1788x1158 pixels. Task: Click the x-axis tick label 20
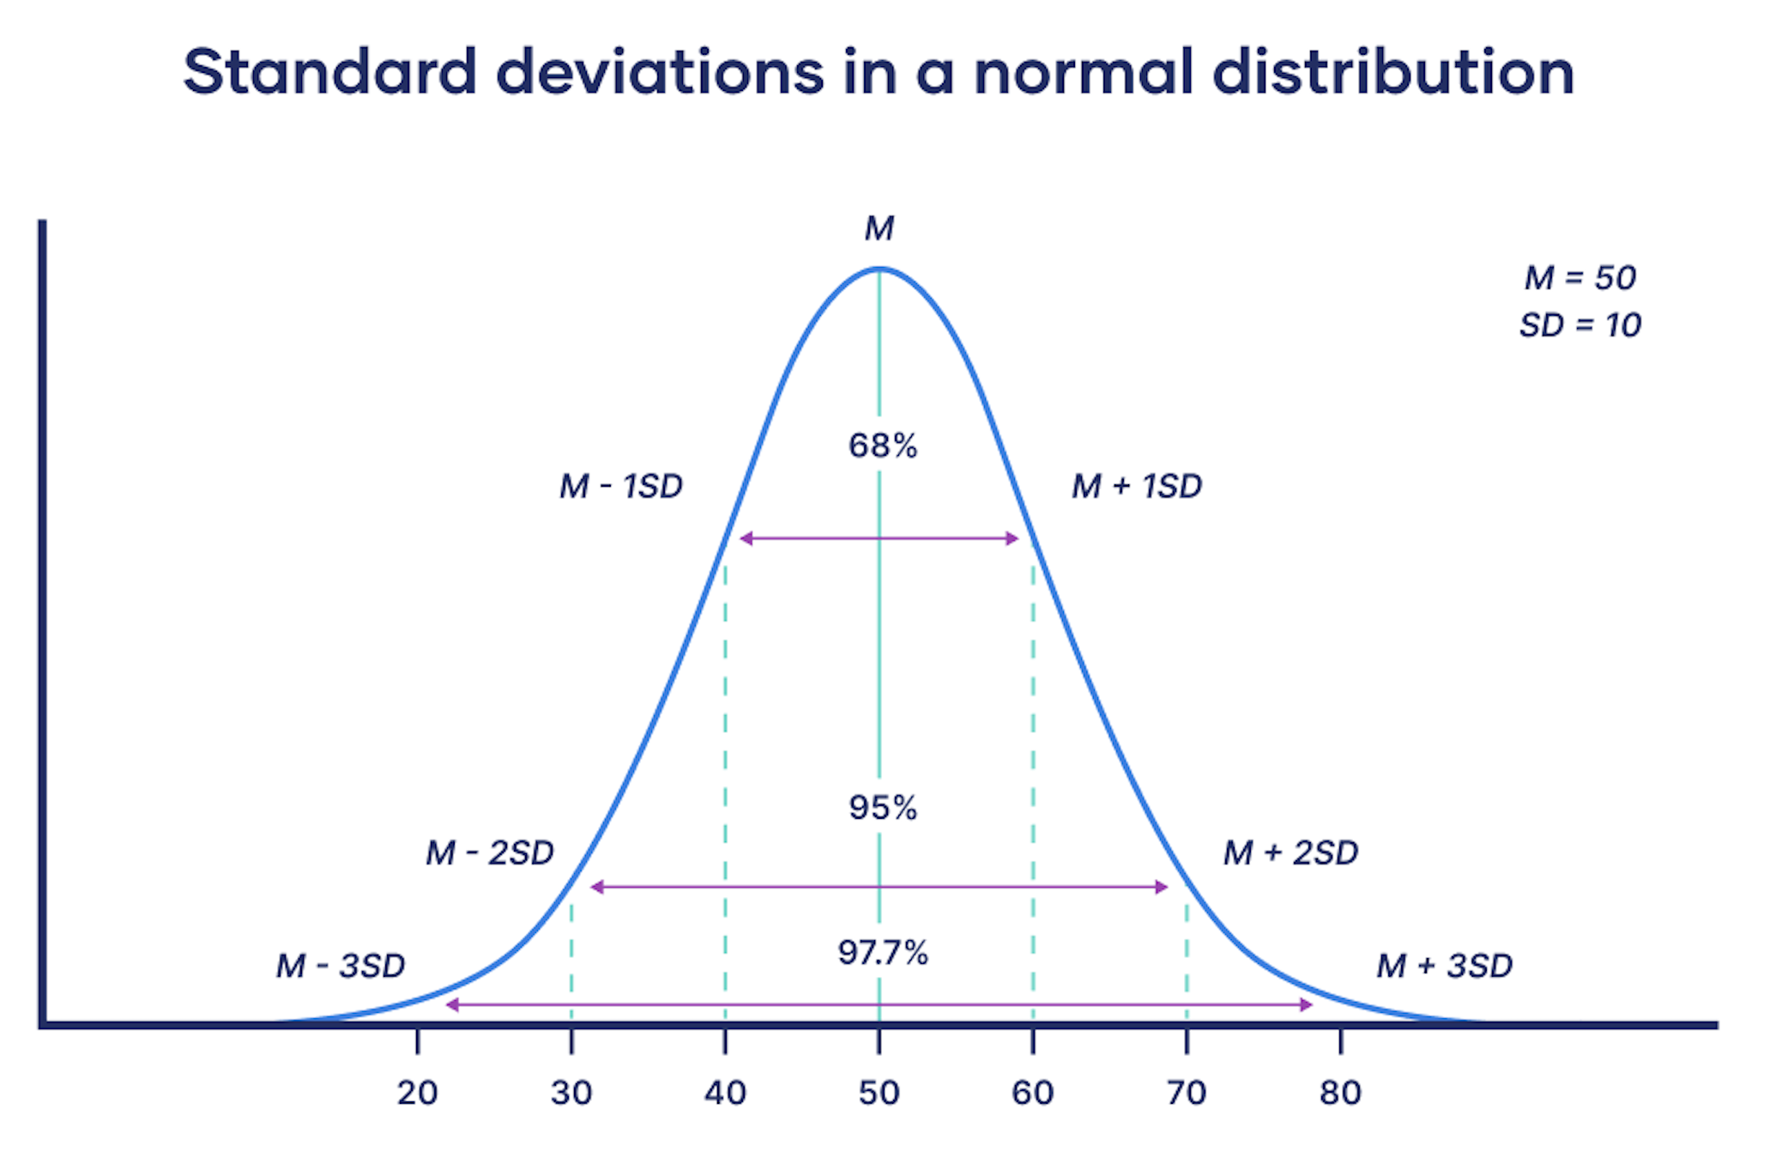click(x=417, y=1093)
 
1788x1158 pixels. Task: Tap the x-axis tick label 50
click(x=879, y=1093)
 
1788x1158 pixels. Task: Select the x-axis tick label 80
click(x=1340, y=1093)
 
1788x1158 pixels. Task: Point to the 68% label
click(x=883, y=446)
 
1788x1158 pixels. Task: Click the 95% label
click(x=883, y=808)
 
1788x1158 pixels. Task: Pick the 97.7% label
click(x=883, y=953)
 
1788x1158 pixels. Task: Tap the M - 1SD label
click(x=621, y=487)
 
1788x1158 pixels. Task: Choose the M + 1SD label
click(x=1137, y=487)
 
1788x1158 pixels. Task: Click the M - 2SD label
click(x=490, y=853)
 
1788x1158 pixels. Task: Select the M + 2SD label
click(x=1290, y=853)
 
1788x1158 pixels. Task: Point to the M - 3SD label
click(x=341, y=967)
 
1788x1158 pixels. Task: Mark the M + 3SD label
click(x=1445, y=967)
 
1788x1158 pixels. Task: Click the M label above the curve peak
click(x=879, y=228)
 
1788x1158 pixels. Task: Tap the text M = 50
click(x=1580, y=278)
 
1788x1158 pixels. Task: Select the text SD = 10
click(x=1580, y=325)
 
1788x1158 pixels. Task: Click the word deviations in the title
click(x=661, y=72)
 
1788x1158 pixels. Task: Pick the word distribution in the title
click(x=1393, y=72)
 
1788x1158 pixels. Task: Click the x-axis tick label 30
click(x=571, y=1093)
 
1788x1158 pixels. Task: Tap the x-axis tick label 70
click(x=1187, y=1093)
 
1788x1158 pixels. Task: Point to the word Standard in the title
click(x=330, y=72)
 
